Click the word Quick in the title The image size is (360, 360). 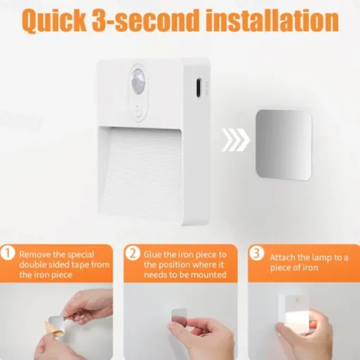[55, 20]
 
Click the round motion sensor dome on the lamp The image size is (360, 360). [138, 83]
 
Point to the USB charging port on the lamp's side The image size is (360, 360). [198, 88]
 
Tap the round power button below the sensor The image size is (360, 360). [138, 110]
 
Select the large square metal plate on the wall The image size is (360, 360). [284, 144]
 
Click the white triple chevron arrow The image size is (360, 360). [236, 140]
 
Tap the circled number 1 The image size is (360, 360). [8, 253]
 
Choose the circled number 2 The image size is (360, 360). [133, 253]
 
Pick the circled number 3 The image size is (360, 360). [256, 253]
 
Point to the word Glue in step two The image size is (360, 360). [152, 254]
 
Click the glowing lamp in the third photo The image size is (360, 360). [294, 315]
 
